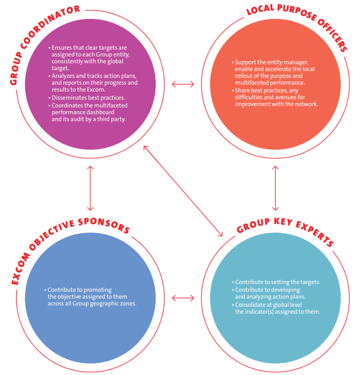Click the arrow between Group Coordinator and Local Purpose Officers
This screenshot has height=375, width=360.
tap(183, 84)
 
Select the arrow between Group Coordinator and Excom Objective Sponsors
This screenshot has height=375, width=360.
tap(90, 188)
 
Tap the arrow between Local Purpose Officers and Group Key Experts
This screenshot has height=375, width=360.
tap(275, 188)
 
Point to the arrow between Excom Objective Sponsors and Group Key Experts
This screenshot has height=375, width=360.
tap(183, 298)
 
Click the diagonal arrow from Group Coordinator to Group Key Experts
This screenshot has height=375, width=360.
tap(183, 191)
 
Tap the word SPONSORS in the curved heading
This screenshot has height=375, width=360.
tap(105, 225)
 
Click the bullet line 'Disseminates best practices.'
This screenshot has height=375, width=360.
tap(87, 98)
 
